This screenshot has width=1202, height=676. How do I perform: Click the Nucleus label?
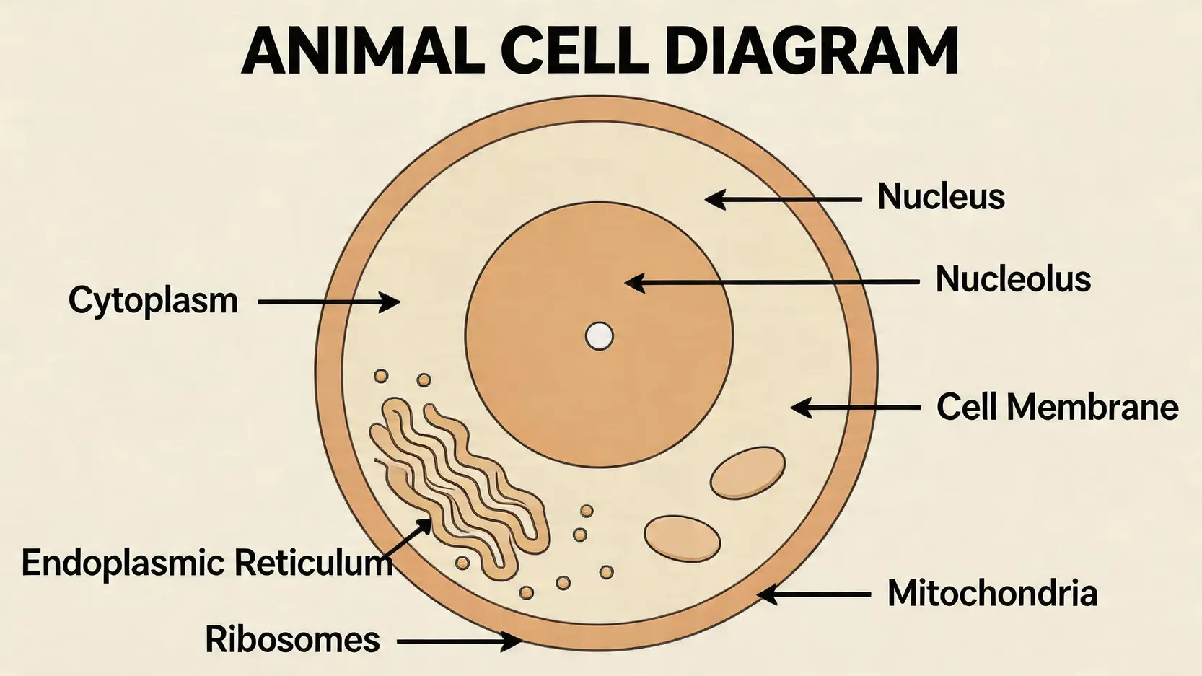point(941,196)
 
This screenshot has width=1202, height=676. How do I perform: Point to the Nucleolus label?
point(1013,279)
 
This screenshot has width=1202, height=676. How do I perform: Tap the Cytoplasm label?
point(153,301)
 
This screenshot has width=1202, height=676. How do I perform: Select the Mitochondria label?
point(992,594)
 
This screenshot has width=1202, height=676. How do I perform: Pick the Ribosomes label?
point(292,640)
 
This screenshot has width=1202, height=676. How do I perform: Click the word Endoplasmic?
point(123,563)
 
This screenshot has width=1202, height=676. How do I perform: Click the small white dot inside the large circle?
point(599,336)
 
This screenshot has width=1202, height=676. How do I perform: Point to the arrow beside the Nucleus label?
point(783,199)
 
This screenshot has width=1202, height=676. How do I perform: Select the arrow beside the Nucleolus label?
point(772,283)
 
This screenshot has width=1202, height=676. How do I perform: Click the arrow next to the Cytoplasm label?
point(328,302)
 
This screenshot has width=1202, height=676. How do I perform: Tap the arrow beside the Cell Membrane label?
point(855,408)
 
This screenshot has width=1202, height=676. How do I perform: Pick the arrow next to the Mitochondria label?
point(813,595)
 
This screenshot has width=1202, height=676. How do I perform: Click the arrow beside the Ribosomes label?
point(459,641)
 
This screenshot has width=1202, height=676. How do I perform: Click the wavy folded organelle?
point(458,483)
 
